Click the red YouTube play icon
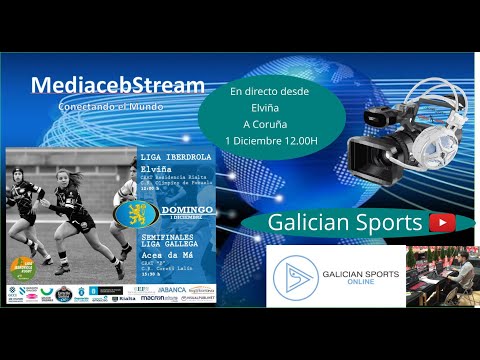point(437,223)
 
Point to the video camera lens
point(363,155)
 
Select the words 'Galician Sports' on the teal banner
point(339,223)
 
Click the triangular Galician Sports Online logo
point(294,277)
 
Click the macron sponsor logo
point(152,297)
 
